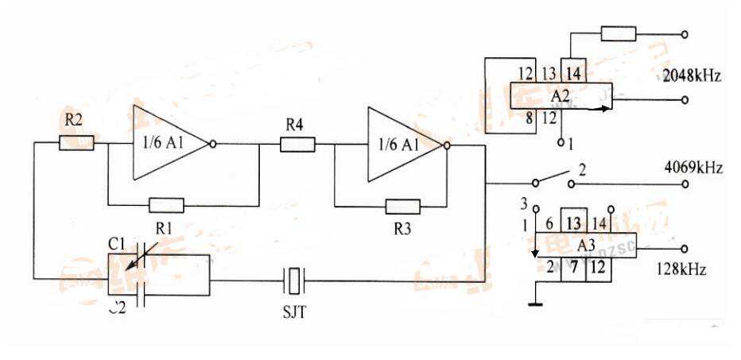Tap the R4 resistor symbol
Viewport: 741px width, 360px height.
(x=297, y=144)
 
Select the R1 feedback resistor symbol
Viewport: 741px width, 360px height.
(x=166, y=205)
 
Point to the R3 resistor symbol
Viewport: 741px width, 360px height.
(x=402, y=207)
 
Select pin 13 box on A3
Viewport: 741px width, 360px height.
(x=574, y=223)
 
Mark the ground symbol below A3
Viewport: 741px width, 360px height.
(x=538, y=303)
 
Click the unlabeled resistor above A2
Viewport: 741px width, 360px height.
(x=618, y=33)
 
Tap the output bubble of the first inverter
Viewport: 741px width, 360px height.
(x=212, y=144)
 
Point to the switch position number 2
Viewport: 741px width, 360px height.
(x=582, y=168)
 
